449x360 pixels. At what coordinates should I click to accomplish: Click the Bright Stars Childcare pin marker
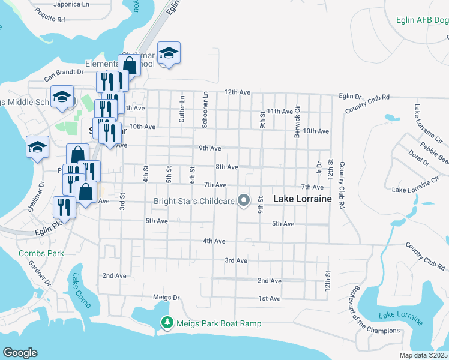244,201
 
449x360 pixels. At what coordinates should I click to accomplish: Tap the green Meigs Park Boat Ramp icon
167,323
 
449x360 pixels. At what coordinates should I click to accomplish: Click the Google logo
20,353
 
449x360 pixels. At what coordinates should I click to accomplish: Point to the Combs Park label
41,253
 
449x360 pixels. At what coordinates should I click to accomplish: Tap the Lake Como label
80,291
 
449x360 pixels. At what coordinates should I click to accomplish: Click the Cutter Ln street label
182,109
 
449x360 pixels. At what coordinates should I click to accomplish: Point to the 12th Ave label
237,92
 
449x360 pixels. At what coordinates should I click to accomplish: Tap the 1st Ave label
270,298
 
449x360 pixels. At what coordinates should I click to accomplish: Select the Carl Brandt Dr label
64,75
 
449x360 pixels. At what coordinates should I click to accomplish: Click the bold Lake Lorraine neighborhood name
303,199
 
